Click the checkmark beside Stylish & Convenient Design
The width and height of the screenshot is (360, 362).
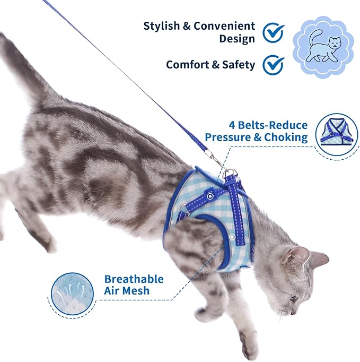[x=274, y=32]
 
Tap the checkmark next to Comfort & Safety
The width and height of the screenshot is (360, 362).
[x=274, y=65]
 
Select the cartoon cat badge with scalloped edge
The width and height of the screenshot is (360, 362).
[x=323, y=46]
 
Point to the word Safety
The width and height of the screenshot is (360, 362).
[x=237, y=65]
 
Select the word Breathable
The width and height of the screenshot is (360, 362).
[x=134, y=279]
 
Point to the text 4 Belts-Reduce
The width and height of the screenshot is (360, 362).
[x=268, y=125]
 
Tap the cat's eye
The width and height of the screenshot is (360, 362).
[x=293, y=298]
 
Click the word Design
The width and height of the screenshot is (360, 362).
[x=237, y=39]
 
